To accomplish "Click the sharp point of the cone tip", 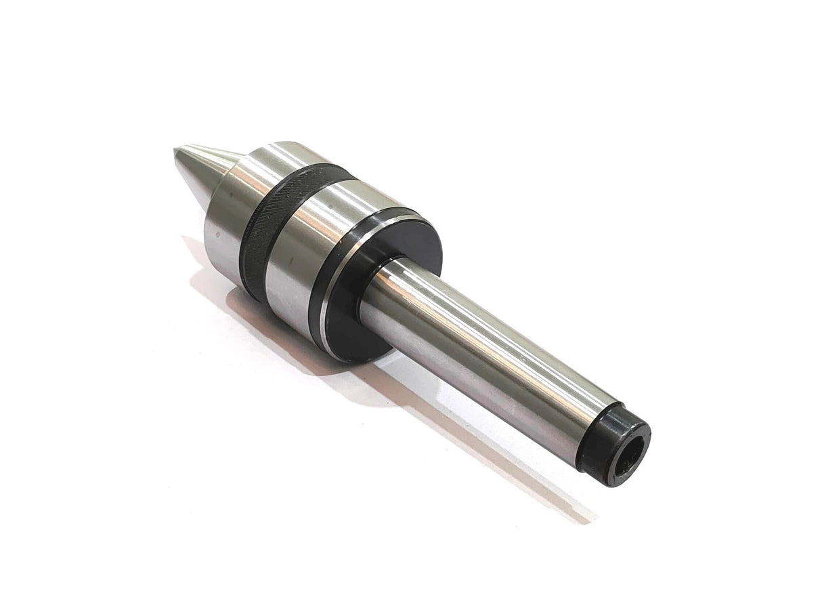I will [x=176, y=151].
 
